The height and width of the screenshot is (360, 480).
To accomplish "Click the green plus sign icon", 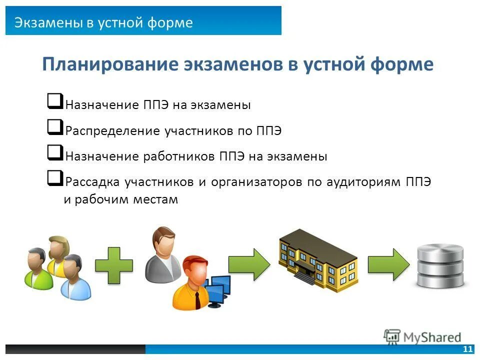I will (x=114, y=265).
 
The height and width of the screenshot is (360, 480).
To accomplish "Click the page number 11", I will (x=468, y=349).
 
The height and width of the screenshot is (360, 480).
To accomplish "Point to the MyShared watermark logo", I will (x=422, y=336).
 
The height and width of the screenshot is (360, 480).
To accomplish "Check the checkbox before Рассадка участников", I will (x=55, y=177).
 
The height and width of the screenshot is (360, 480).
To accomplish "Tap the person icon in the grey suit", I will (x=162, y=255).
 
